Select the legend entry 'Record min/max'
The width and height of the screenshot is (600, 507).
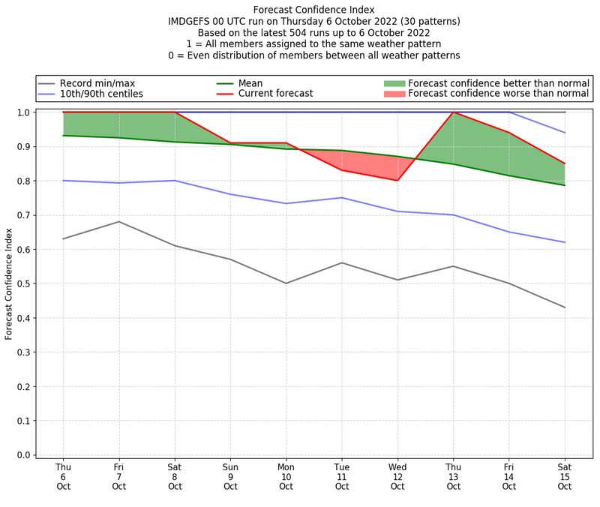97,83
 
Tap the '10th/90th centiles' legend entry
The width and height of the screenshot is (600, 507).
101,94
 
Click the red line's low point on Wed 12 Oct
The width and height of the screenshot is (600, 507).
397,180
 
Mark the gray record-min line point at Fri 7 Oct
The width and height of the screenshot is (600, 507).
118,221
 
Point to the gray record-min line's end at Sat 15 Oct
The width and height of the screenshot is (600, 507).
565,307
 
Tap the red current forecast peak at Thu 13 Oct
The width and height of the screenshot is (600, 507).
453,112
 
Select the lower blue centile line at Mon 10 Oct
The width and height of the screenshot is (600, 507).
286,203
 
